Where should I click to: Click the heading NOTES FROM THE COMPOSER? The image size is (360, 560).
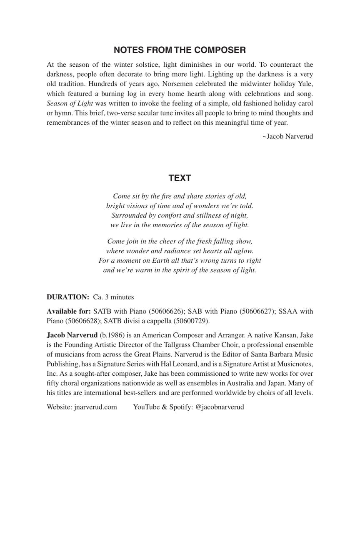click(x=180, y=50)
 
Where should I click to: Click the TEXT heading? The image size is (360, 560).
click(x=180, y=178)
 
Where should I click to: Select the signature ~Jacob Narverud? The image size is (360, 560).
click(x=287, y=136)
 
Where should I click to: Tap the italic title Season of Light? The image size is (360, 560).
click(x=70, y=103)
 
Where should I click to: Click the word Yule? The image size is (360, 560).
click(x=305, y=84)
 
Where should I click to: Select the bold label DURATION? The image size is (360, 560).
click(x=68, y=297)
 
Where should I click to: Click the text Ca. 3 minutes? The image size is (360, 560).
click(x=113, y=297)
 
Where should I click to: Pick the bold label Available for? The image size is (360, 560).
click(x=69, y=311)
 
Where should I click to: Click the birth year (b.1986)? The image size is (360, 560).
click(x=112, y=335)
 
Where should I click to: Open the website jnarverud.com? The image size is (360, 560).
click(x=95, y=407)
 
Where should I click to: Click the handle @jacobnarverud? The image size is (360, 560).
click(x=219, y=407)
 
